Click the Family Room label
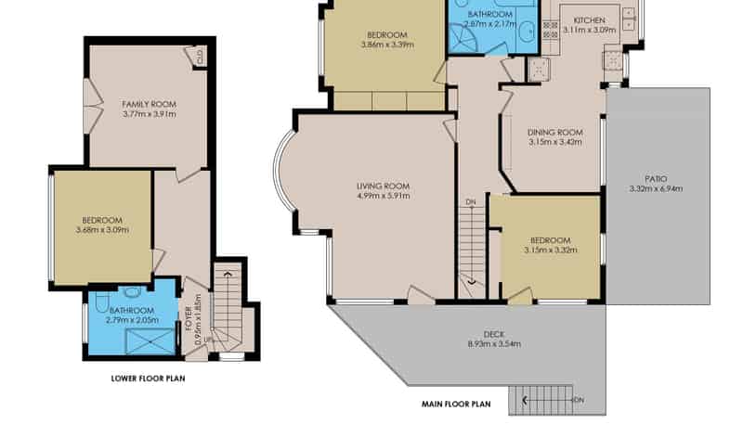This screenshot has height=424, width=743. click(150, 104)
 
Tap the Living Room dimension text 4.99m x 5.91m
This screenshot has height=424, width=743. click(384, 196)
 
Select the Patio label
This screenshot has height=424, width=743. click(656, 179)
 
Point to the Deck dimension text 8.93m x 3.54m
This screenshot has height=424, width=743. click(494, 344)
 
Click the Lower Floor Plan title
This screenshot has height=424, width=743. click(149, 379)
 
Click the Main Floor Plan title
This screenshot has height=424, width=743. click(456, 405)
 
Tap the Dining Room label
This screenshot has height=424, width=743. click(555, 133)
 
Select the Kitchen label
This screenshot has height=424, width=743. click(590, 20)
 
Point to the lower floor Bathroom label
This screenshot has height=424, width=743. click(132, 311)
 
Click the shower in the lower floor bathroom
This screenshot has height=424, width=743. click(150, 341)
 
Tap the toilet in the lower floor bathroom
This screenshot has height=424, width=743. click(101, 302)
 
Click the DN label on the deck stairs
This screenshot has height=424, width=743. click(578, 400)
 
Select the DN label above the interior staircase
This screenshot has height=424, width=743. click(471, 202)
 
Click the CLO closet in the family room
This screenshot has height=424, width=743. click(200, 57)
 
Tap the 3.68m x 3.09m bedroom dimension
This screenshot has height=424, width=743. click(102, 230)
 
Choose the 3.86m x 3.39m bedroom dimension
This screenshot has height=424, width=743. click(387, 45)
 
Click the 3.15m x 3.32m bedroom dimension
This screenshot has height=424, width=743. click(551, 251)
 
